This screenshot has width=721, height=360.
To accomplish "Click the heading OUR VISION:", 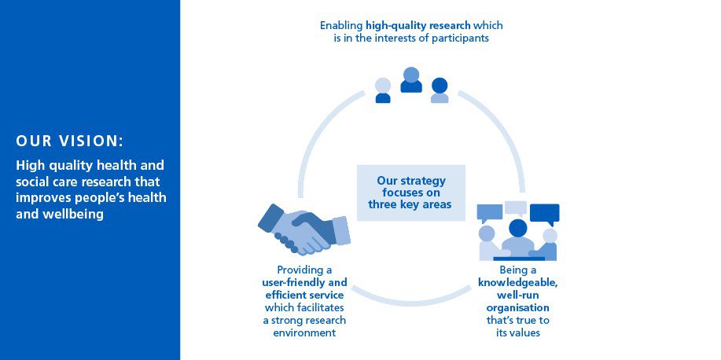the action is [x=70, y=141].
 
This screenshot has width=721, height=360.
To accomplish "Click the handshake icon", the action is [x=304, y=229].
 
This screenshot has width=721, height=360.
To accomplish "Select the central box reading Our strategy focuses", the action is [x=411, y=193].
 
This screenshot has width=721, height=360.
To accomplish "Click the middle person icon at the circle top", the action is [x=411, y=80].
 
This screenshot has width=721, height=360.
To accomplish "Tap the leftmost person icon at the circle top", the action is [x=383, y=90].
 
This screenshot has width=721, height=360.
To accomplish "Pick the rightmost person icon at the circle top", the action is [x=440, y=90].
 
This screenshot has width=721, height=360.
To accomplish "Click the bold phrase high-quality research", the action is [x=418, y=25].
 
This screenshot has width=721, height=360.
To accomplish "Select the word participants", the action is [x=460, y=39].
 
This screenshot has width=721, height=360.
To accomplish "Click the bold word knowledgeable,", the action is [x=518, y=283].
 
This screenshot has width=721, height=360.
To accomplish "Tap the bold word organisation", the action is [x=518, y=307].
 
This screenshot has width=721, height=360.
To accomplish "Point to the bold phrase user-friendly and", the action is [x=304, y=282].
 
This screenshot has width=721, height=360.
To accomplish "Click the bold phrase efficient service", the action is [x=304, y=294].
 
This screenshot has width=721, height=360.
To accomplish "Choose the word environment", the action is [x=304, y=332].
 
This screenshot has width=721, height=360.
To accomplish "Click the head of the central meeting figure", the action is [x=518, y=228].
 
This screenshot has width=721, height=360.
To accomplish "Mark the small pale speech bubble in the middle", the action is [x=516, y=208].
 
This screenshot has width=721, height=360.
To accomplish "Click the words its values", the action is [x=518, y=332].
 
